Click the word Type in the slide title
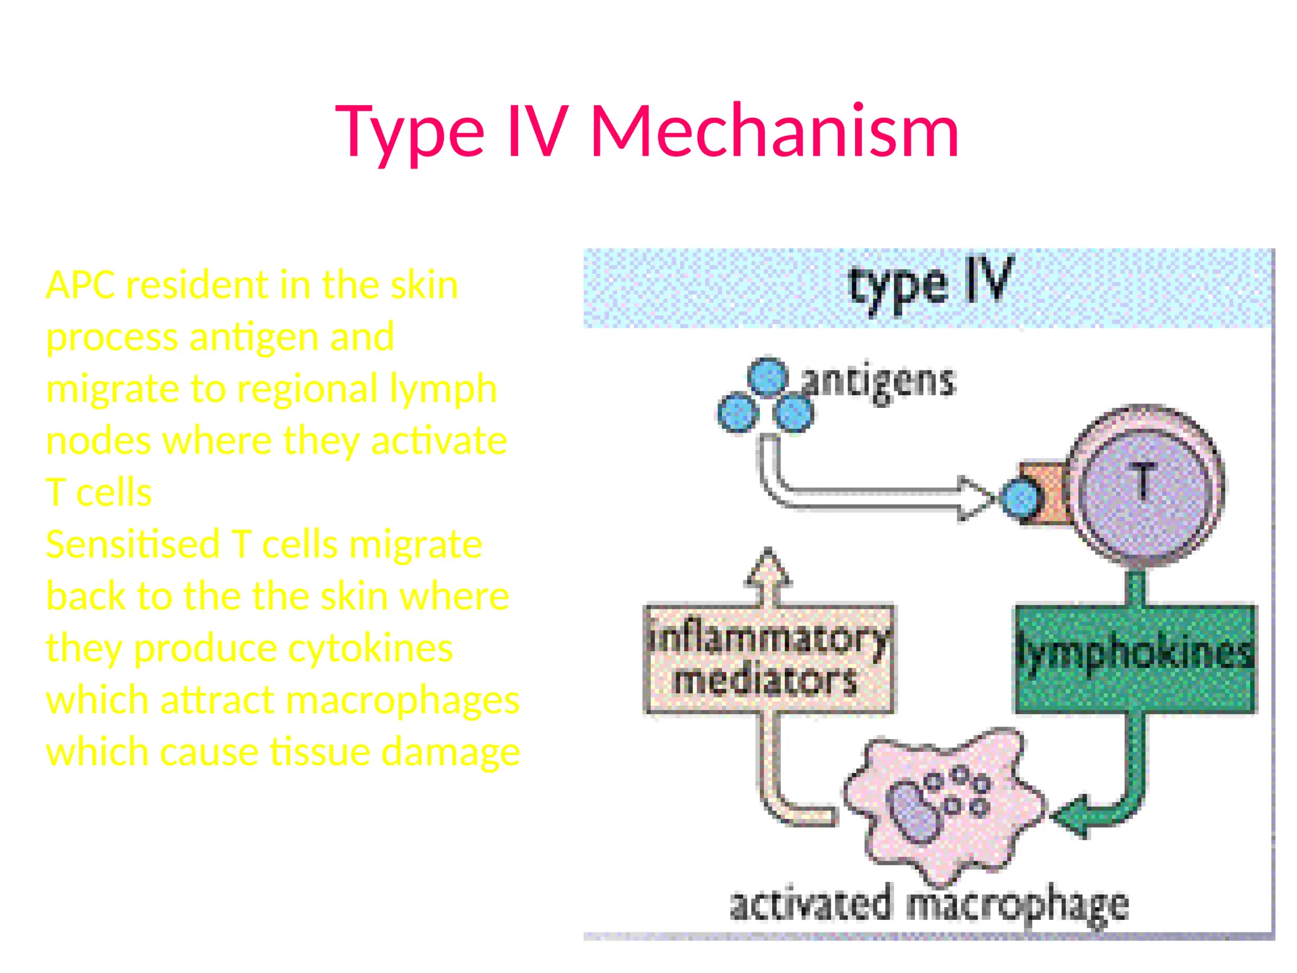pos(410,133)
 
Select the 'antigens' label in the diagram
pos(879,382)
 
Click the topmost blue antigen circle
pos(768,377)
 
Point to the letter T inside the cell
pos(1144,481)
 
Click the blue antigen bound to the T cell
pos(1020,499)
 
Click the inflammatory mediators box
pos(769,659)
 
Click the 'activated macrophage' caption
pos(928,905)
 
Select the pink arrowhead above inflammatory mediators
pos(768,567)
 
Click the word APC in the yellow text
pos(80,285)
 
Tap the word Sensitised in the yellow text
pos(132,545)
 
